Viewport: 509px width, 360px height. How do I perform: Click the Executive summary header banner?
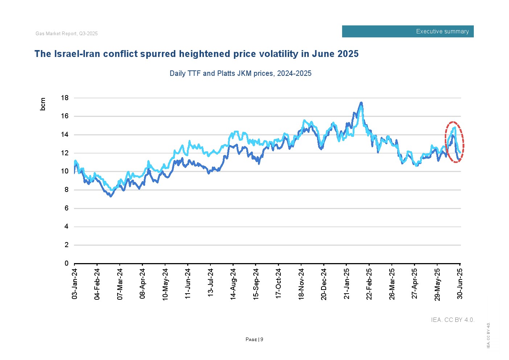coord(407,32)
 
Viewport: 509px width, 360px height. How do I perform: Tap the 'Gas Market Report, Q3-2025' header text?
coord(67,34)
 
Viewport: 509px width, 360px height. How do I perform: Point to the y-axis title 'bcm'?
coord(43,104)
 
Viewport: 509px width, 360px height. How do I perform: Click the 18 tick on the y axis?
coord(65,98)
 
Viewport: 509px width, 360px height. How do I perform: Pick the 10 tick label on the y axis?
coord(65,171)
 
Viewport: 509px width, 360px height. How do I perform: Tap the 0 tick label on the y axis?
coord(66,263)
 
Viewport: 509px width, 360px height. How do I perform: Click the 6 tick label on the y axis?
coord(66,208)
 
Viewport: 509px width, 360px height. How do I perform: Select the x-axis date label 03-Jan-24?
coord(75,284)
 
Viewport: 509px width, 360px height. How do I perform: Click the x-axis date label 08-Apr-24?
coord(143,284)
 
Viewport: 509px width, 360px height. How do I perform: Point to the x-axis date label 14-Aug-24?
coord(233,284)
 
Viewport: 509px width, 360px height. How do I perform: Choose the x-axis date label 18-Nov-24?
coord(301,284)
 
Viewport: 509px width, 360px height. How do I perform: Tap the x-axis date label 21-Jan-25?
coord(346,284)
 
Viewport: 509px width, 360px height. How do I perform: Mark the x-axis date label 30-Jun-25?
coord(460,284)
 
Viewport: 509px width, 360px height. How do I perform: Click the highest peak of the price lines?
coord(361,103)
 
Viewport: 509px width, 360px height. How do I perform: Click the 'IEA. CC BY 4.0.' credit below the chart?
coord(452,320)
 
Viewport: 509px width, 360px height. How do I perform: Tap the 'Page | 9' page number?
coord(254,340)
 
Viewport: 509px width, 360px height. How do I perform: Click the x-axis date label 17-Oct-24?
coord(279,284)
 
